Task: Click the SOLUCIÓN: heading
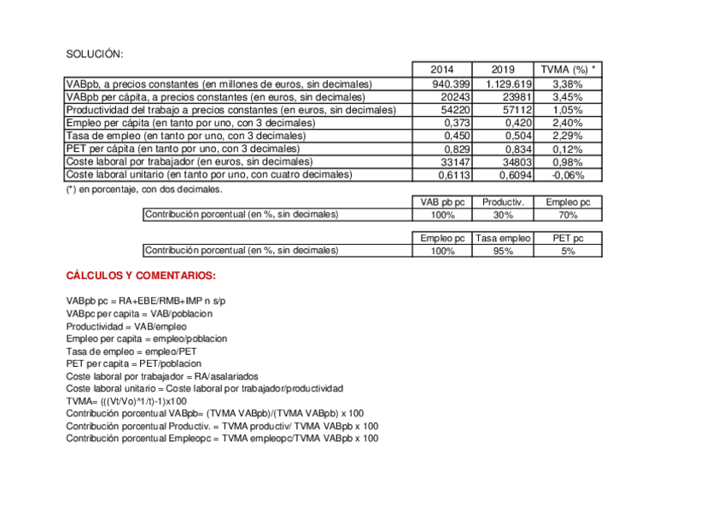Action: pyautogui.click(x=95, y=55)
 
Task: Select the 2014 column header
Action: pyautogui.click(x=441, y=70)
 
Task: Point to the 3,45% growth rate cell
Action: pyautogui.click(x=568, y=97)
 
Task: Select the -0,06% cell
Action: pyautogui.click(x=567, y=174)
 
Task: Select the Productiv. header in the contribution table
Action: pyautogui.click(x=503, y=202)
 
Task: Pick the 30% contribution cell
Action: pyautogui.click(x=503, y=215)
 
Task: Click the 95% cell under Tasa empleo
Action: pyautogui.click(x=503, y=251)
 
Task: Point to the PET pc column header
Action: pyautogui.click(x=568, y=238)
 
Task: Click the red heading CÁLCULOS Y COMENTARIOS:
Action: pyautogui.click(x=141, y=276)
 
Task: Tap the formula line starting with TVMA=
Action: pyautogui.click(x=126, y=400)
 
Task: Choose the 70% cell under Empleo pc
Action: pyautogui.click(x=568, y=215)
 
